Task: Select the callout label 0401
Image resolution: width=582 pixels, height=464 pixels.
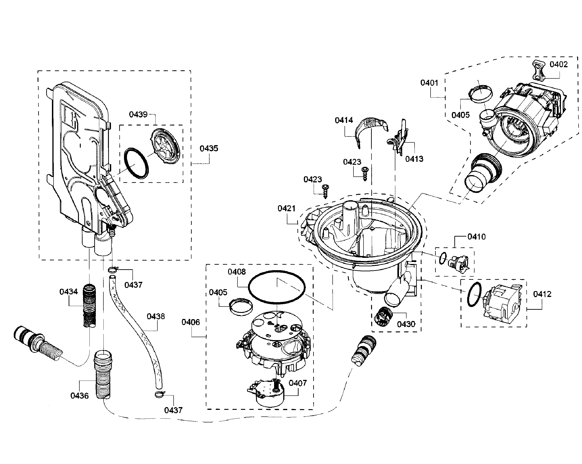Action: point(429,83)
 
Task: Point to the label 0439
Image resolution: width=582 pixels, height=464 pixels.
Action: point(138,115)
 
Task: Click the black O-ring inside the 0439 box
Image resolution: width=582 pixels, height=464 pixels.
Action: point(136,163)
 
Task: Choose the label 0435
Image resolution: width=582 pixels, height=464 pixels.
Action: point(209,148)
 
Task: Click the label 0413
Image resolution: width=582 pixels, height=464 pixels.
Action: point(414,159)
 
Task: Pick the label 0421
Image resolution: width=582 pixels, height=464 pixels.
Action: point(286,208)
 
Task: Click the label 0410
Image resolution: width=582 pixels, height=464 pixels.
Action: point(477,237)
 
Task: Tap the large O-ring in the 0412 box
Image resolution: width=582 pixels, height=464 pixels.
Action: point(474,294)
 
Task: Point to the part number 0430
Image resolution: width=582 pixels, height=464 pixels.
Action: point(406,324)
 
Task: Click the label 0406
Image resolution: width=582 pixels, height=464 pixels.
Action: point(191,322)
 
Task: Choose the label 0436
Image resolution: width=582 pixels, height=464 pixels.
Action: point(79,396)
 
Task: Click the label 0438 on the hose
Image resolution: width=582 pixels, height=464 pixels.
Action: point(156,316)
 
